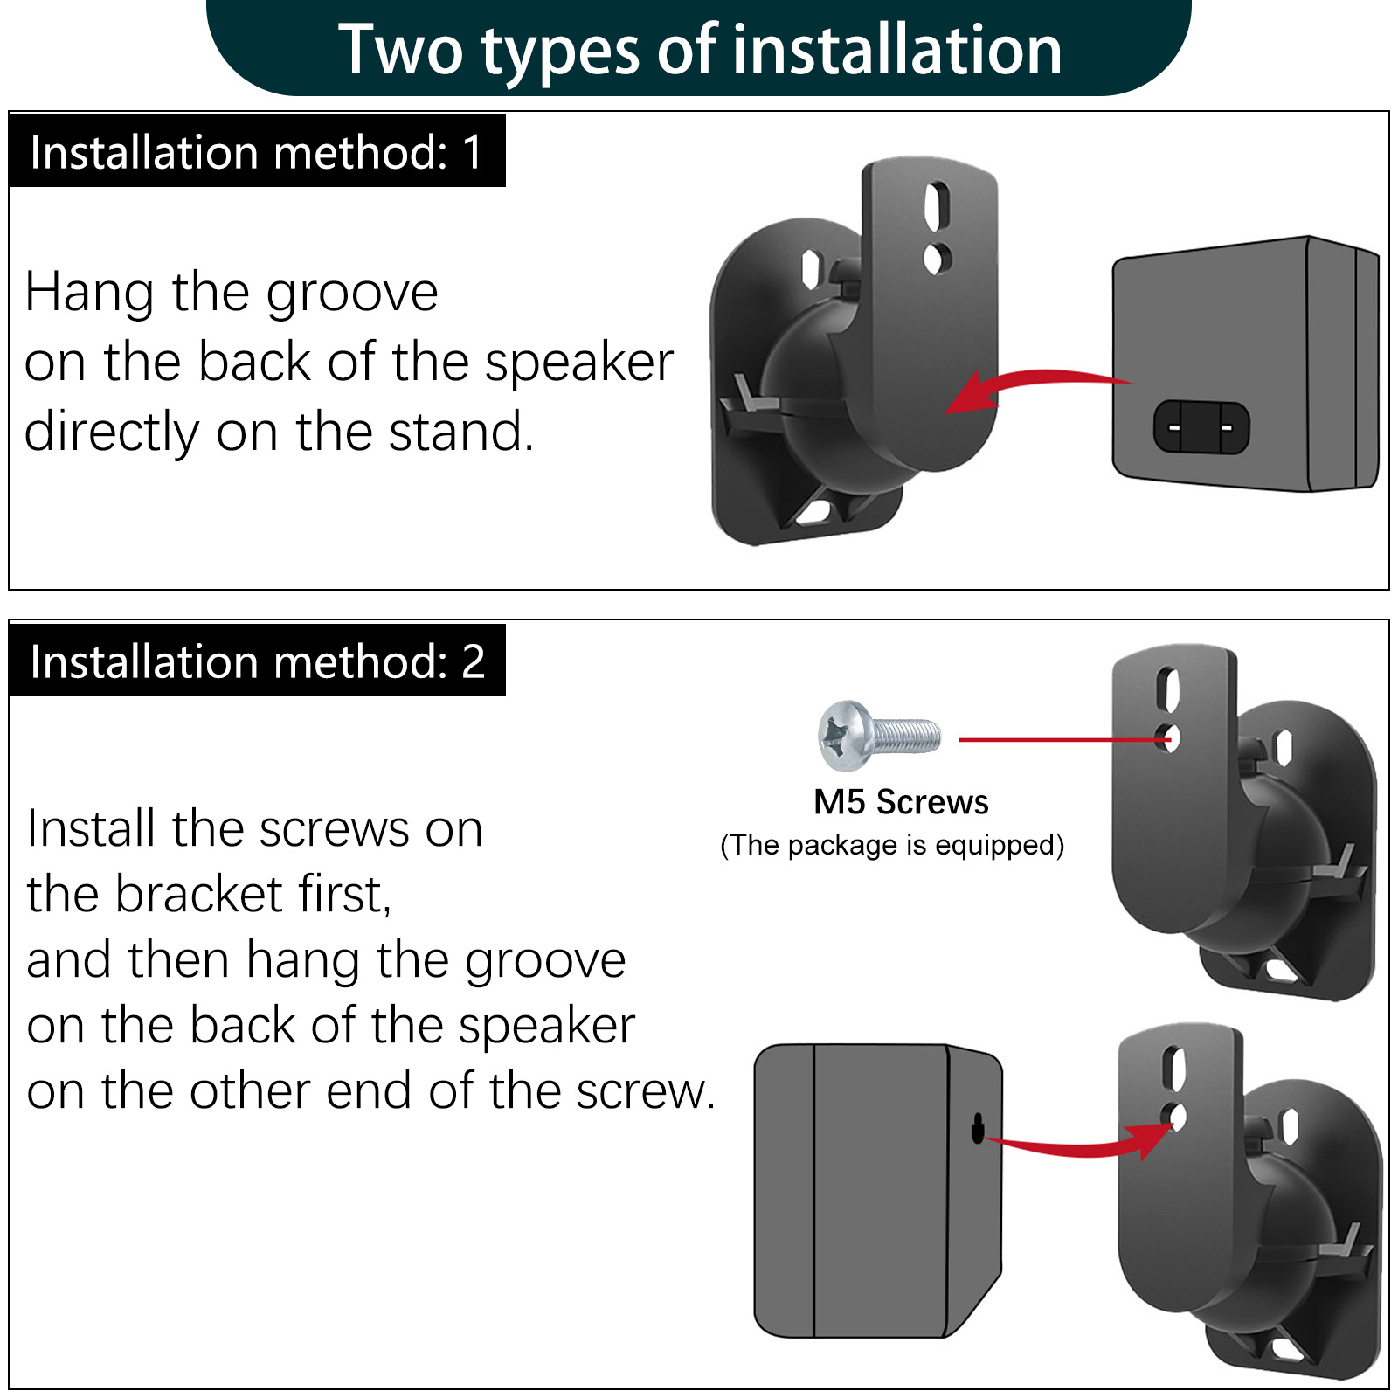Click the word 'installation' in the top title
click(896, 50)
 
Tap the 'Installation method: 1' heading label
click(256, 152)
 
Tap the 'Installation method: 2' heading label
click(257, 661)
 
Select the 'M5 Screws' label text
click(901, 801)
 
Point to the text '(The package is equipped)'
click(892, 845)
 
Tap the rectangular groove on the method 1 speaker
click(1201, 427)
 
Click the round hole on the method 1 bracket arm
click(936, 259)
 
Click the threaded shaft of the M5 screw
click(907, 736)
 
